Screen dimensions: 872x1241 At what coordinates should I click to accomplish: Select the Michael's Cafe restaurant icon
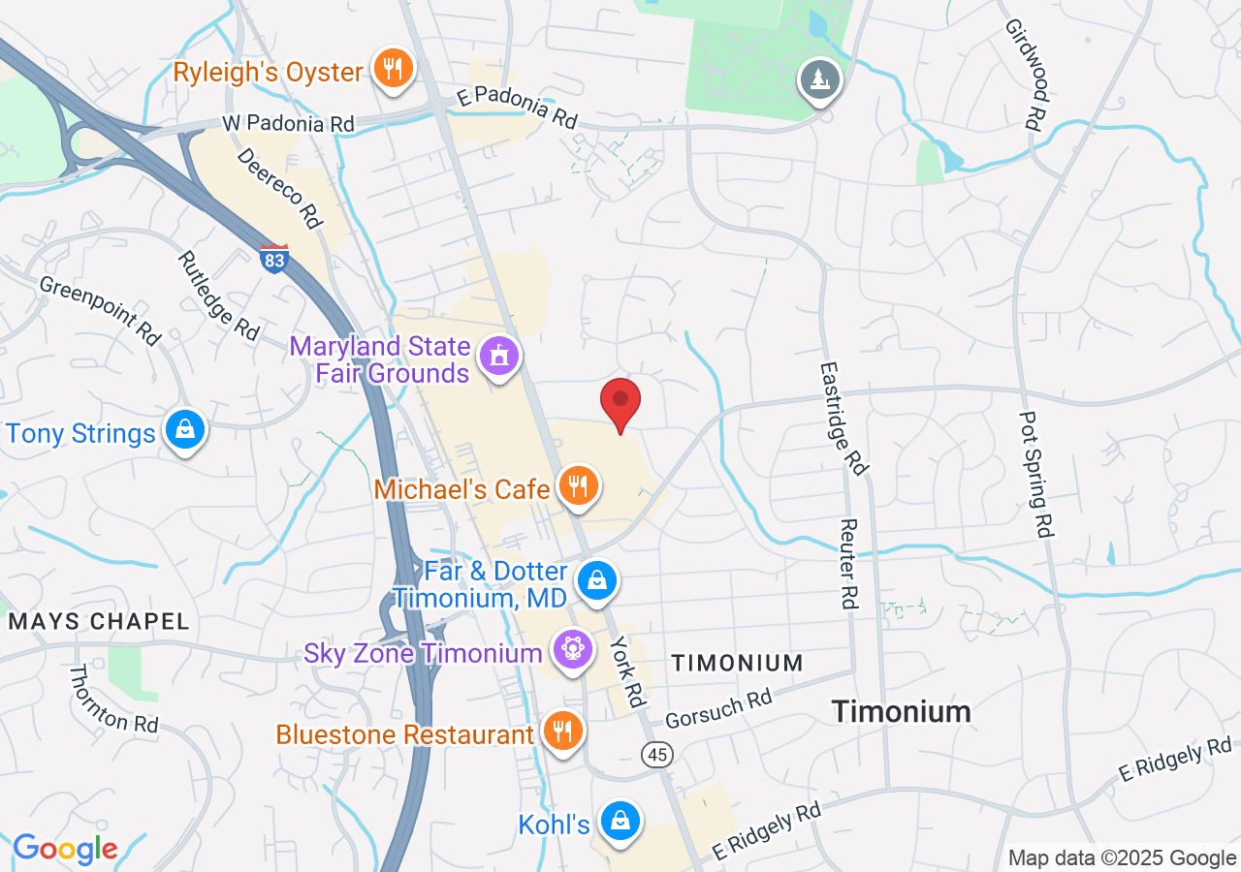(x=579, y=486)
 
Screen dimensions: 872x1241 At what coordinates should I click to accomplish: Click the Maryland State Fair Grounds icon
(x=499, y=357)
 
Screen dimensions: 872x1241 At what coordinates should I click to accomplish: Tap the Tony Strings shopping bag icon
(x=183, y=430)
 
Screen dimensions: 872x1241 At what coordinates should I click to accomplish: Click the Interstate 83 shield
(x=274, y=259)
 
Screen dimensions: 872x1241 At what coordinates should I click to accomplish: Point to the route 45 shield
(x=657, y=753)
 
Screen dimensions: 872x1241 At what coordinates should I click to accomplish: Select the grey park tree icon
(x=820, y=78)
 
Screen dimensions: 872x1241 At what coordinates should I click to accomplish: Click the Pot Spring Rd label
(x=1035, y=474)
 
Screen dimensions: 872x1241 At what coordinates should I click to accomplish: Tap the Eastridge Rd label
(x=842, y=418)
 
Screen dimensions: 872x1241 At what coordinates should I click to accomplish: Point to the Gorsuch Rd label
(x=718, y=709)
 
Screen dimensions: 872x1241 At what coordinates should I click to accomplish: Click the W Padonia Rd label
(x=288, y=123)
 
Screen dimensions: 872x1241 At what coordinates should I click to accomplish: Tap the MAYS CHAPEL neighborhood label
(x=99, y=621)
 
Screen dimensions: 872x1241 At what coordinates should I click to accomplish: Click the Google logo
(x=65, y=850)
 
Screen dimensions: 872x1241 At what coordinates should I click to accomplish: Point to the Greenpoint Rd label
(x=99, y=310)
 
